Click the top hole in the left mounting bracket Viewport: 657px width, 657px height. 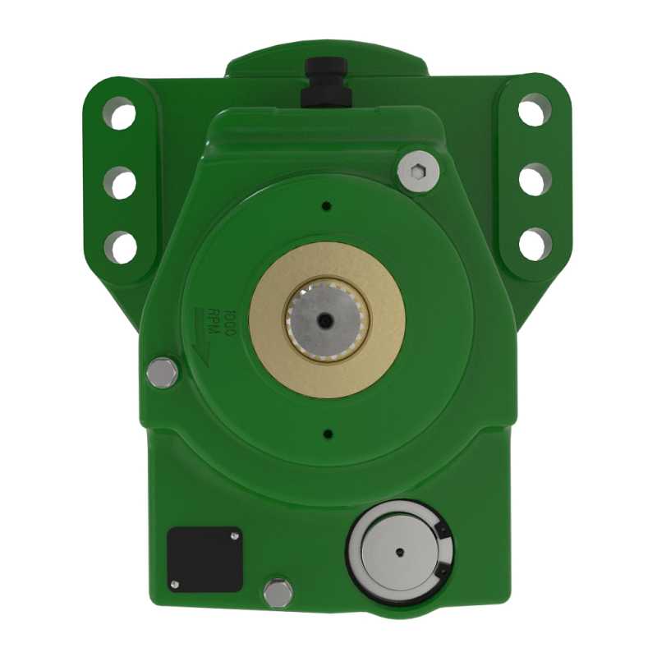[119, 113]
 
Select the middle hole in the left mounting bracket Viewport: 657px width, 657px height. [120, 182]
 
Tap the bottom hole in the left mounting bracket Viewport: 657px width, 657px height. [121, 247]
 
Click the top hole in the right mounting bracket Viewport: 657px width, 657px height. [535, 110]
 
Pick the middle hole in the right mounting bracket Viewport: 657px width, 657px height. [535, 179]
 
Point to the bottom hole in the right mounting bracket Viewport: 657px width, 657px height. [535, 244]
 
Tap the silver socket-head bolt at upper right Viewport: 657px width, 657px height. [418, 171]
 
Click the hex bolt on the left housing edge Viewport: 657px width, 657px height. [162, 373]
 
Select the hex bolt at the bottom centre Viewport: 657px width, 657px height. [278, 593]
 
